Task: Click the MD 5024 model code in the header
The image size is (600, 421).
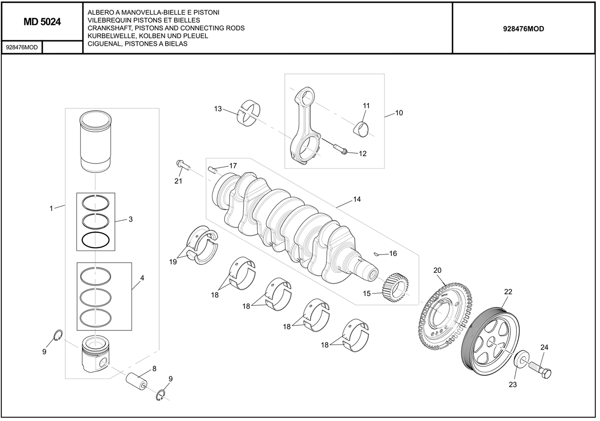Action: [42, 21]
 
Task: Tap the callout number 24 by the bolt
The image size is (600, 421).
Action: [544, 347]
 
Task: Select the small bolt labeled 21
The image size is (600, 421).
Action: [182, 164]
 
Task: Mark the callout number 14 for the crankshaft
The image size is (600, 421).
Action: [357, 199]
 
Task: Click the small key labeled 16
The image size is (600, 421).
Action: [377, 254]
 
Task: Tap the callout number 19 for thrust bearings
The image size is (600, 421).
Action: [173, 262]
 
